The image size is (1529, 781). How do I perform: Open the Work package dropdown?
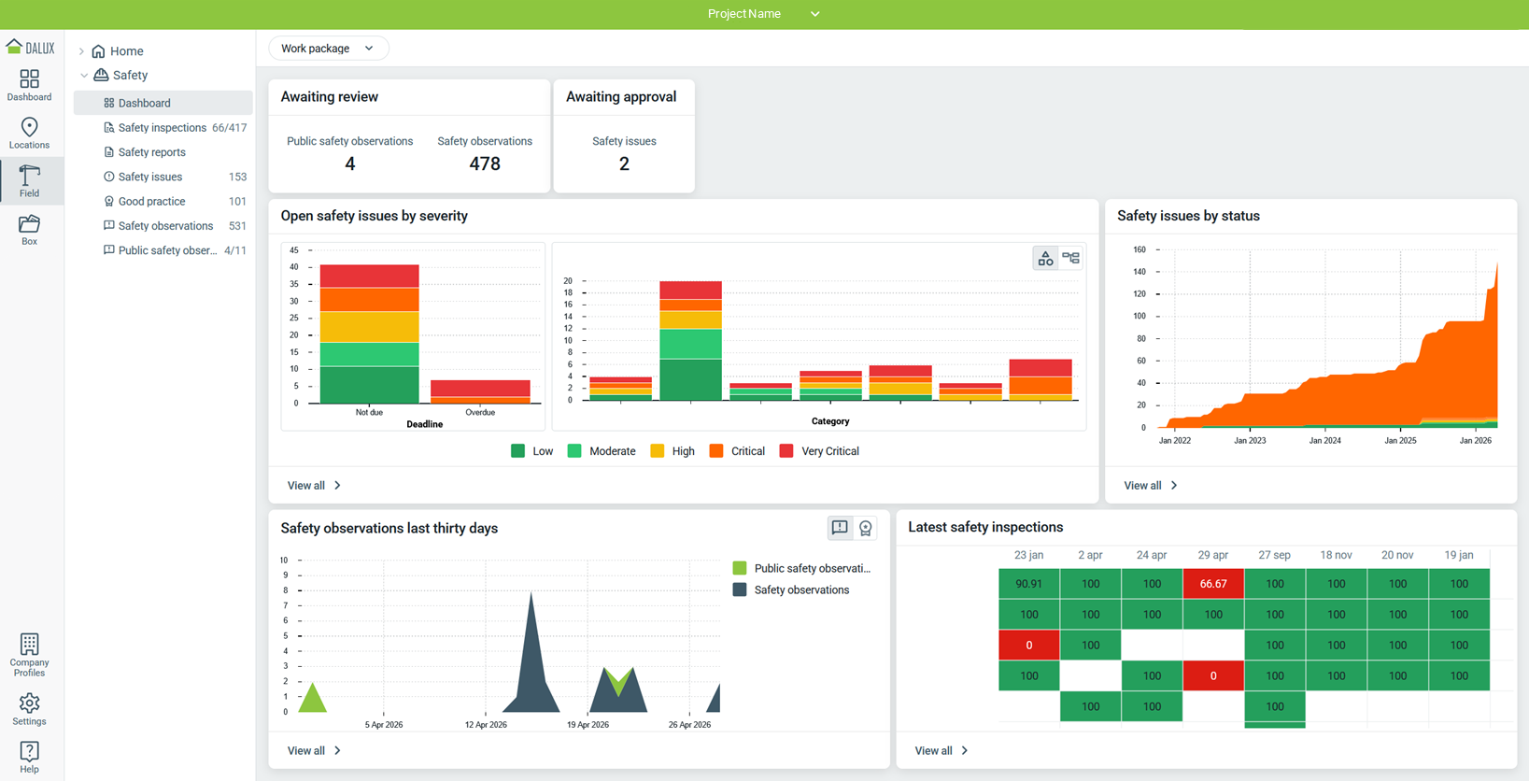coord(329,49)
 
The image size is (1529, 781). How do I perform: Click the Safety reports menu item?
coord(151,152)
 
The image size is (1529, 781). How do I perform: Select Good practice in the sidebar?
coord(151,202)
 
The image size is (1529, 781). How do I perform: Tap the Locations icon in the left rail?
coord(29,127)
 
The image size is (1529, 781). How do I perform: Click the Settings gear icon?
coord(29,703)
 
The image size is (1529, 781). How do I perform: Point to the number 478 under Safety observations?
coord(485,163)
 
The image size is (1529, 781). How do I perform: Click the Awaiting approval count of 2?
coord(624,163)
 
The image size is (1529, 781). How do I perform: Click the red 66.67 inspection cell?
coord(1213,584)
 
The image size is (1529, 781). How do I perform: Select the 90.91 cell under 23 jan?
coord(1028,584)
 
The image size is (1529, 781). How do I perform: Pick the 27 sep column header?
coord(1274,555)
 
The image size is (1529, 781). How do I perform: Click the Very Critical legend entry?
coord(819,451)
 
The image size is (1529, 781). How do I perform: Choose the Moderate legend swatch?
coord(574,451)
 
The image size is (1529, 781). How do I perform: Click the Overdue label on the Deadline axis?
coord(480,412)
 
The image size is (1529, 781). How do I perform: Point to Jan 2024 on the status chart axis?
coord(1324,440)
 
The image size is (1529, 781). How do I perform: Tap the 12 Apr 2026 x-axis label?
coord(486,724)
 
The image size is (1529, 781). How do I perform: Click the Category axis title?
coord(830,421)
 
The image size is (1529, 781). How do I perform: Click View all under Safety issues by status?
coord(1151,486)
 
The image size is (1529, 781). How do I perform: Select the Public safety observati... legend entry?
coord(801,568)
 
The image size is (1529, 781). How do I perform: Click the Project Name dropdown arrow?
coord(815,14)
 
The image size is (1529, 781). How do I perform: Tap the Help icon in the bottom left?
coord(29,752)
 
